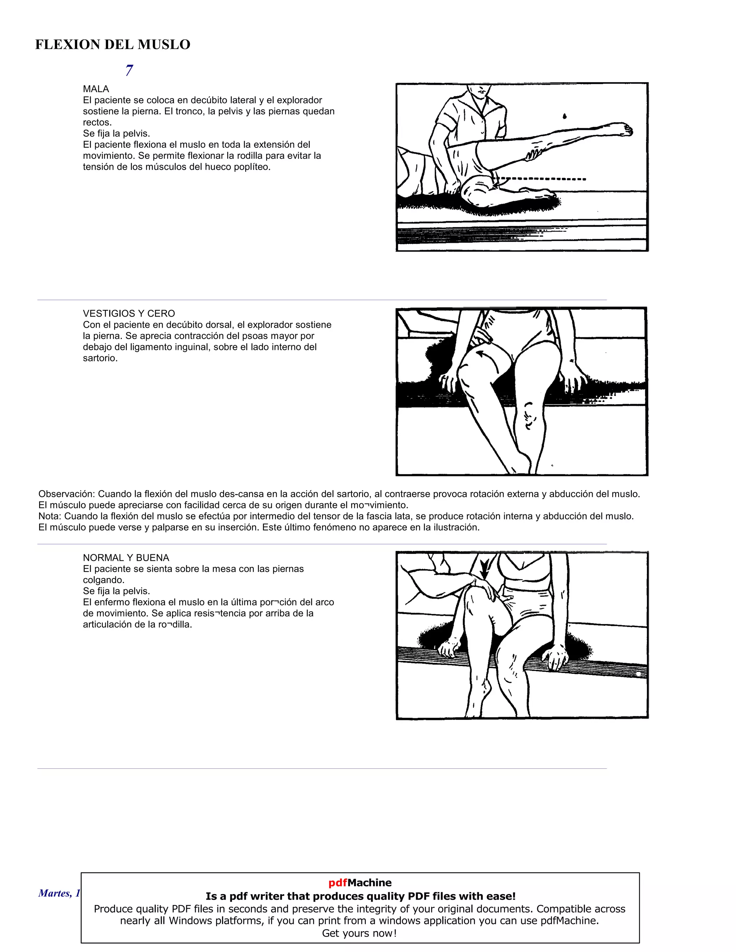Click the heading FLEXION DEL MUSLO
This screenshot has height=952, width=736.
tap(112, 45)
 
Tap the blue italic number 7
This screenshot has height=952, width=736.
tap(129, 70)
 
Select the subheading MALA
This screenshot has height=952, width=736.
tap(96, 89)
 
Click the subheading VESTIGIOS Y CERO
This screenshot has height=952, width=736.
tap(129, 313)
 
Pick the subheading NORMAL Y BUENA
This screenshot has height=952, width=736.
tap(126, 558)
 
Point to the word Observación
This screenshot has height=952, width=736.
tap(66, 494)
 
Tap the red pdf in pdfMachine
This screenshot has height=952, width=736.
tap(337, 883)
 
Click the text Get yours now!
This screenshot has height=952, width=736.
tap(359, 933)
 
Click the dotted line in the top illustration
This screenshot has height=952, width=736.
tap(540, 179)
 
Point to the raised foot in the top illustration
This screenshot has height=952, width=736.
tap(621, 129)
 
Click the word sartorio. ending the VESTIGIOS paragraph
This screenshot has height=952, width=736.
tap(100, 358)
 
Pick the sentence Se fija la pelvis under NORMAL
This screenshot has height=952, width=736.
tap(116, 591)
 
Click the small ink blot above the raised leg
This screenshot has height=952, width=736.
tap(565, 116)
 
